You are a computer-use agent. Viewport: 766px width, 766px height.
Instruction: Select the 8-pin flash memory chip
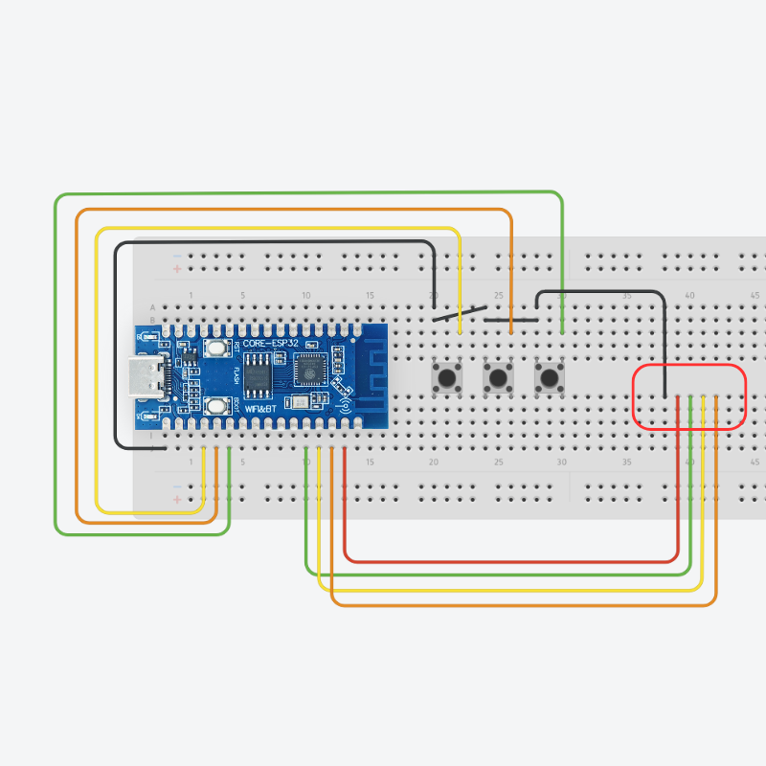tap(259, 374)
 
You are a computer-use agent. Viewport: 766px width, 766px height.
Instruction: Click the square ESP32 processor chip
tap(309, 368)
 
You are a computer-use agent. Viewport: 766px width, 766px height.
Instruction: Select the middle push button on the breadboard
tap(497, 377)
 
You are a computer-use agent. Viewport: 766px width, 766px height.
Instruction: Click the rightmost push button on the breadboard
tap(549, 377)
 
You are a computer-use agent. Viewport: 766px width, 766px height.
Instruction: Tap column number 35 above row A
tap(626, 295)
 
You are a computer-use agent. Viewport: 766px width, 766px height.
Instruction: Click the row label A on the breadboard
tap(153, 307)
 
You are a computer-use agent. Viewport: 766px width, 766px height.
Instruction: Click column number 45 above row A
tap(755, 295)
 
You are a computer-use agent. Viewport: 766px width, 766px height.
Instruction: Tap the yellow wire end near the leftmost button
tap(460, 331)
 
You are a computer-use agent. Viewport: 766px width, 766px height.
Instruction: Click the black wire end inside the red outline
tap(665, 395)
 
